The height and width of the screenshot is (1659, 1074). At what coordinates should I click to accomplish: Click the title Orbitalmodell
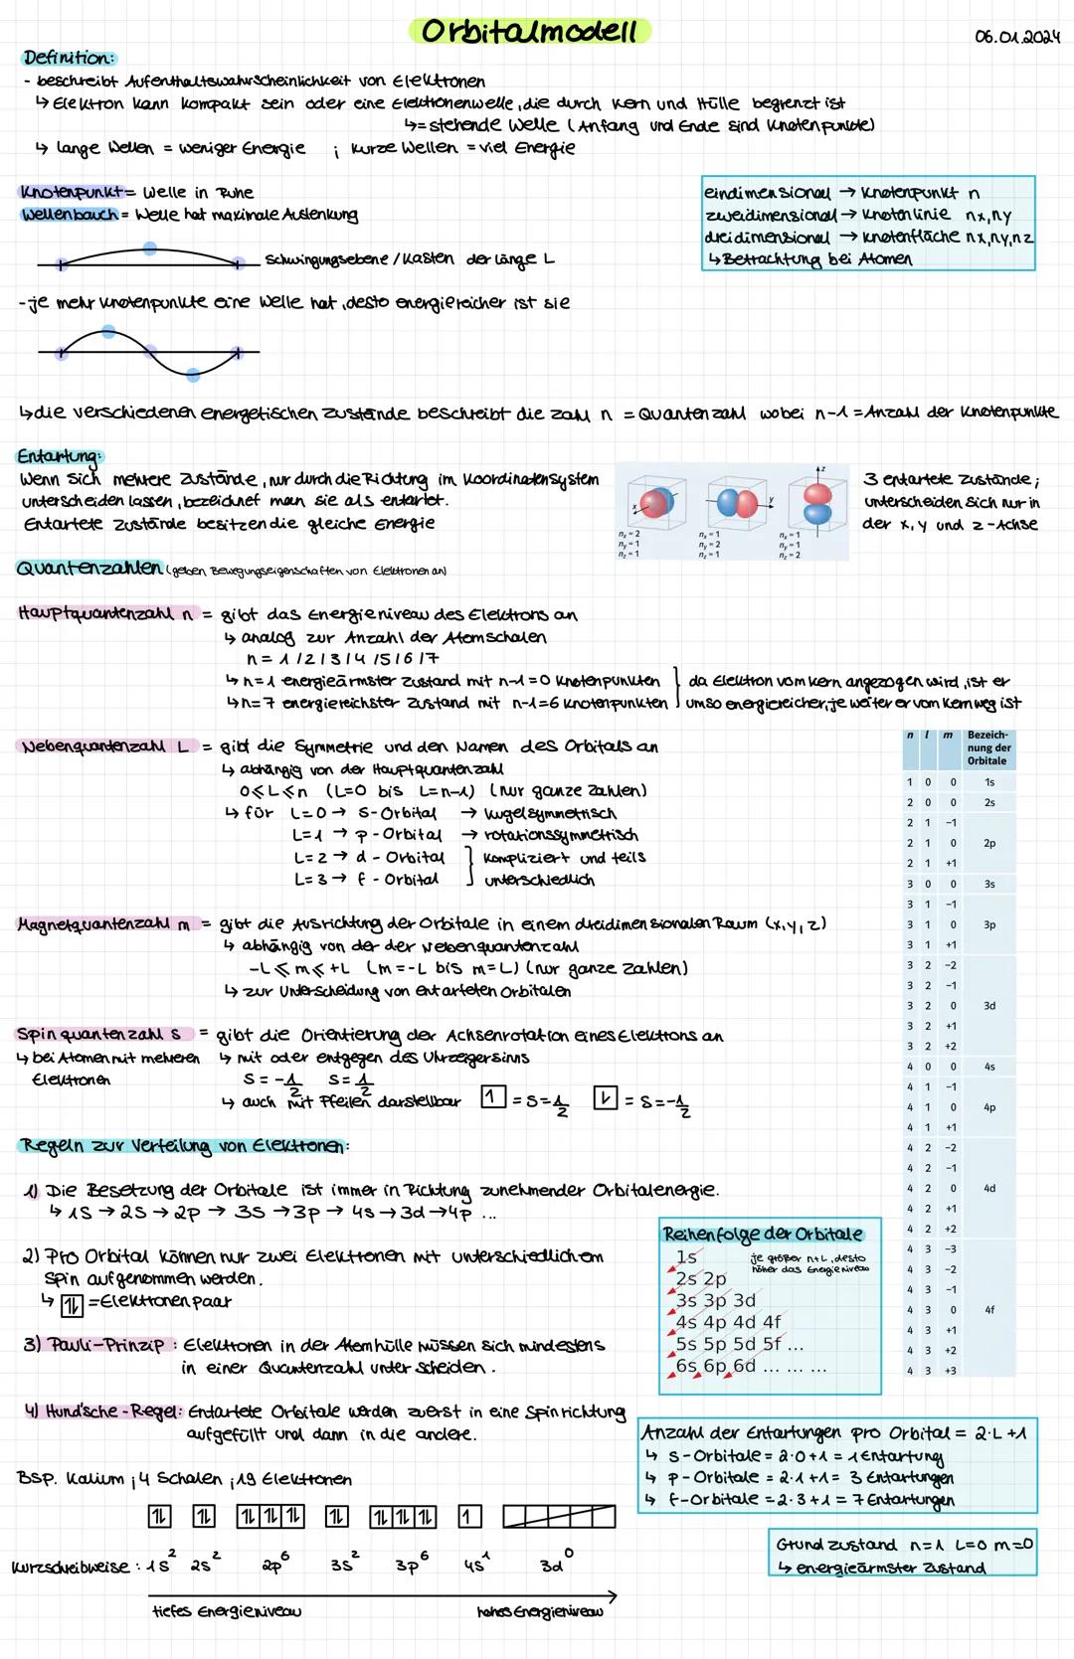(529, 32)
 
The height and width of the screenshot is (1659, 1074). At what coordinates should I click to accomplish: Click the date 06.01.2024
(1017, 37)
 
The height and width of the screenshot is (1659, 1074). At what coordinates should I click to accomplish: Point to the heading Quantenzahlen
(89, 568)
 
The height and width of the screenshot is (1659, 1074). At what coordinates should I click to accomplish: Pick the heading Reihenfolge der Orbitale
(763, 1234)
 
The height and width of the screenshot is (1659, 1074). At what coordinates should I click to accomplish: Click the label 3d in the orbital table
(989, 1006)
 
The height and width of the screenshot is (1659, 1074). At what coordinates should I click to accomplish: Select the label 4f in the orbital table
(989, 1310)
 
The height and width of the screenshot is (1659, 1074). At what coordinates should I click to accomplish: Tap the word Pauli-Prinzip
(107, 1345)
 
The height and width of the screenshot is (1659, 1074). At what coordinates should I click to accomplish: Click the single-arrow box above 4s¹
(469, 1516)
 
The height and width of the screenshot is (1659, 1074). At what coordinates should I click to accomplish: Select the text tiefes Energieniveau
(227, 1610)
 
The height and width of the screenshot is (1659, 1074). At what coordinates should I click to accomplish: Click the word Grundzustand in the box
(836, 1545)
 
